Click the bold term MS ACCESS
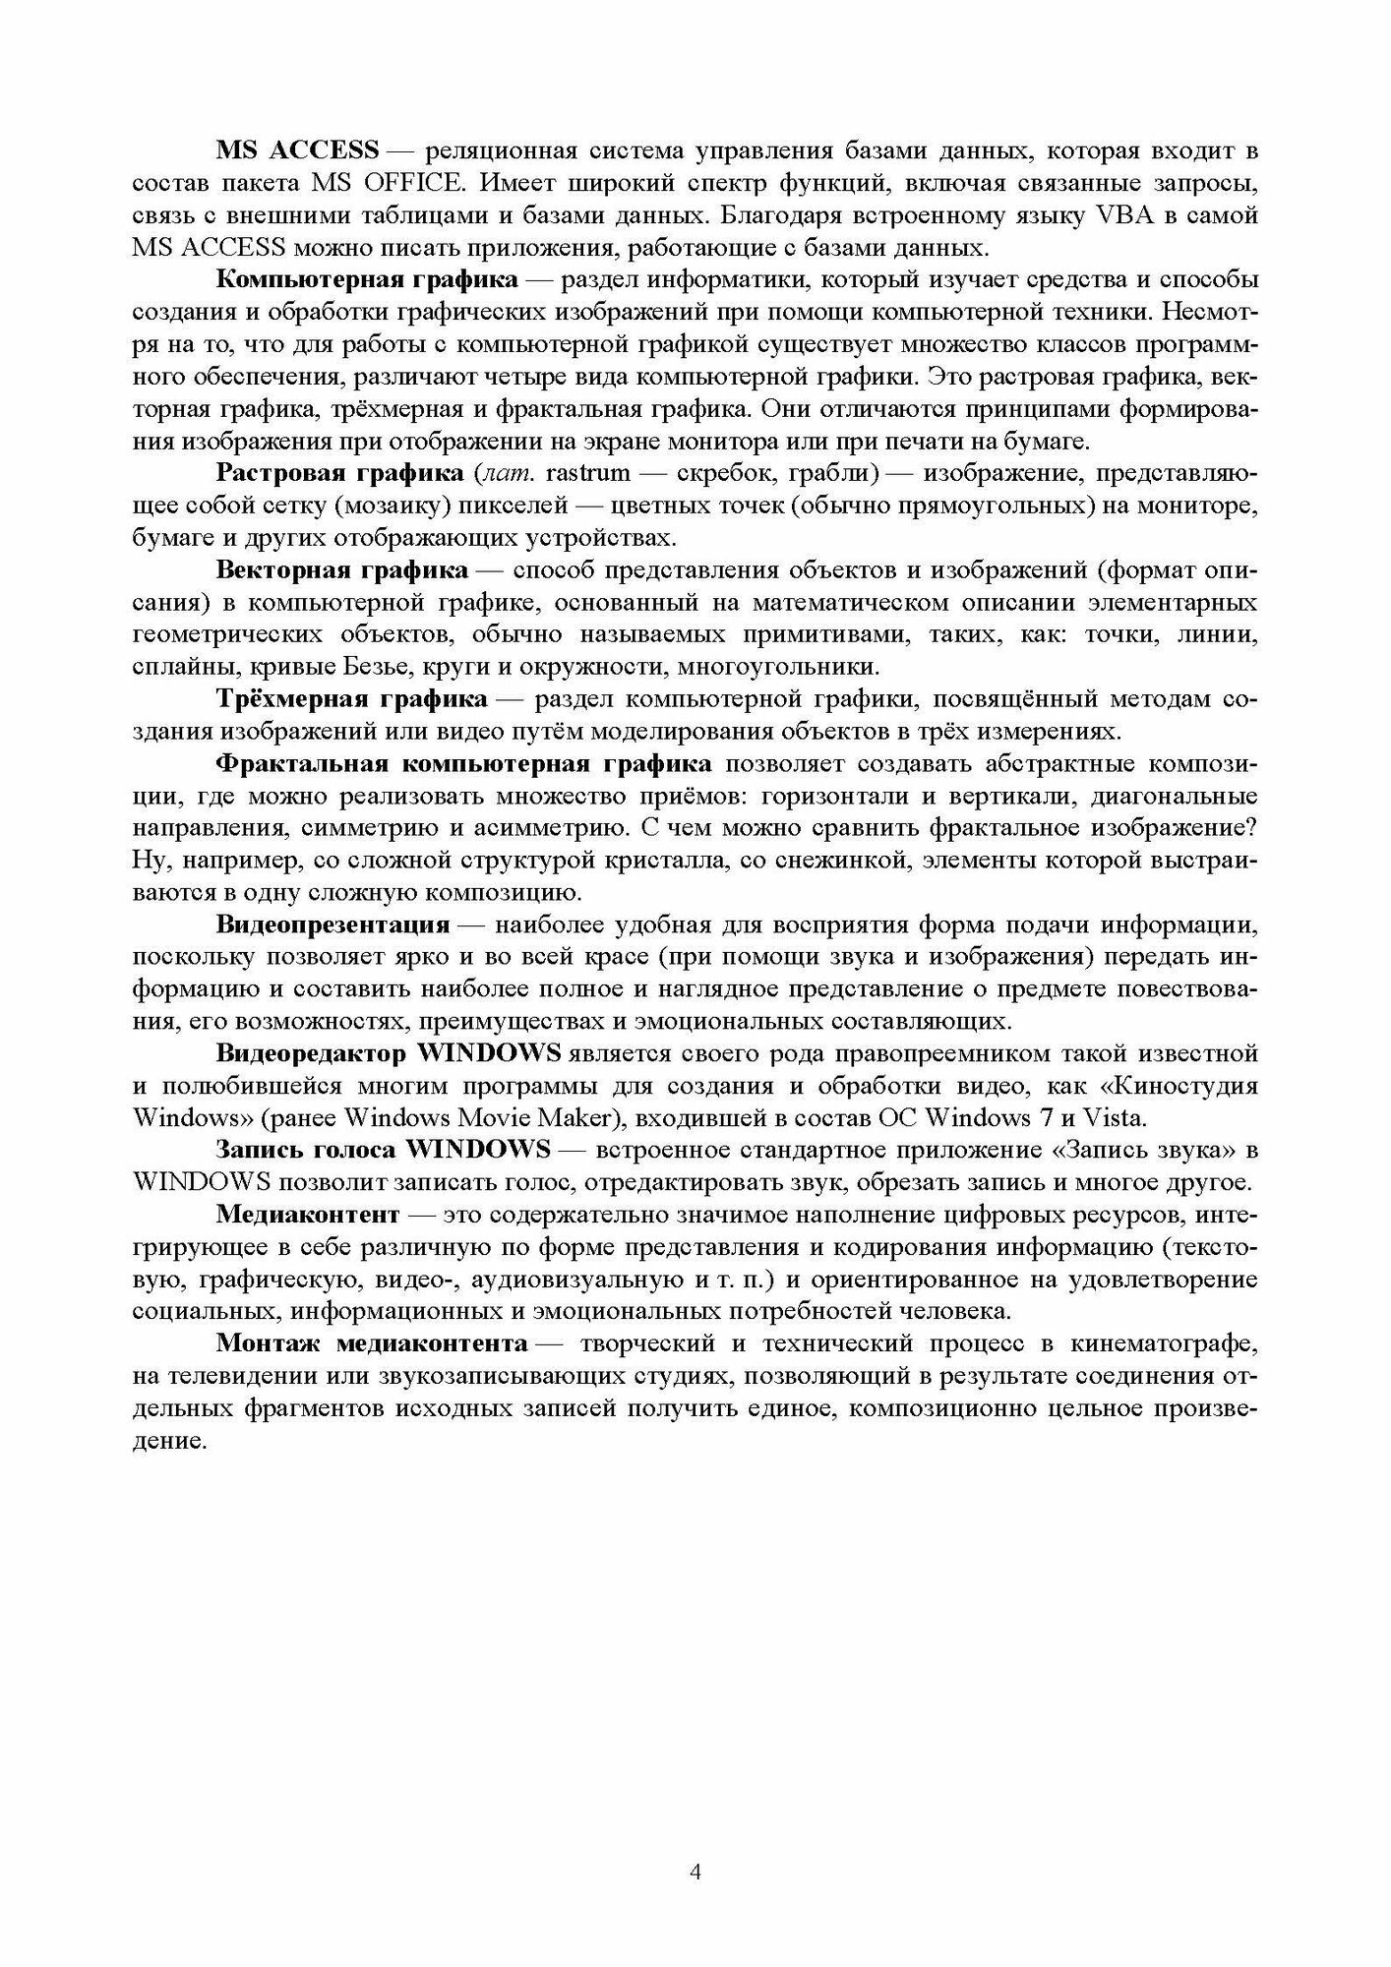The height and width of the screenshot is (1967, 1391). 297,150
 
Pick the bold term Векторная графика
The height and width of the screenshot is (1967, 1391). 341,569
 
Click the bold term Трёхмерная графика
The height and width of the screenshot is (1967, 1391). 351,699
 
